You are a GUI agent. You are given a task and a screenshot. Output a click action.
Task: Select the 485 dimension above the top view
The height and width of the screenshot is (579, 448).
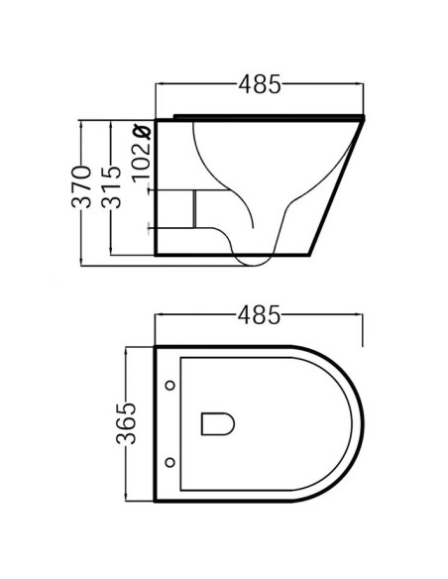[x=260, y=315]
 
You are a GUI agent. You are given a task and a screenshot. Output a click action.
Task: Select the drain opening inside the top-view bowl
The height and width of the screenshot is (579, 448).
[x=216, y=423]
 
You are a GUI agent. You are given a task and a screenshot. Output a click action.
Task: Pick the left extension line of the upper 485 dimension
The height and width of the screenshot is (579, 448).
[x=157, y=99]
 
